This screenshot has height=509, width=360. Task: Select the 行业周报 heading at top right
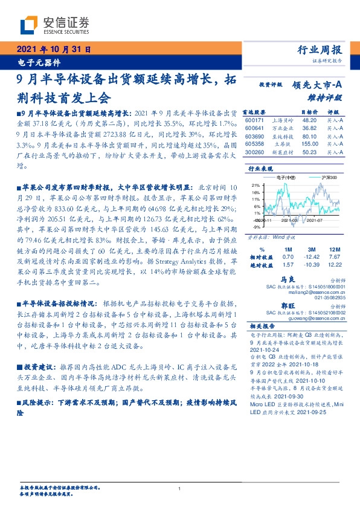coord(321,50)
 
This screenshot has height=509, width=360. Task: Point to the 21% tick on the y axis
coord(256,185)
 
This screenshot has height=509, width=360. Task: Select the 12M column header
coord(333,248)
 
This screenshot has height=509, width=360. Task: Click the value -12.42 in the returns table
coord(312,256)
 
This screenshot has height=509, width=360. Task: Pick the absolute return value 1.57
coord(288,264)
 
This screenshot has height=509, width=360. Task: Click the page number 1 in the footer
coord(180,488)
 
